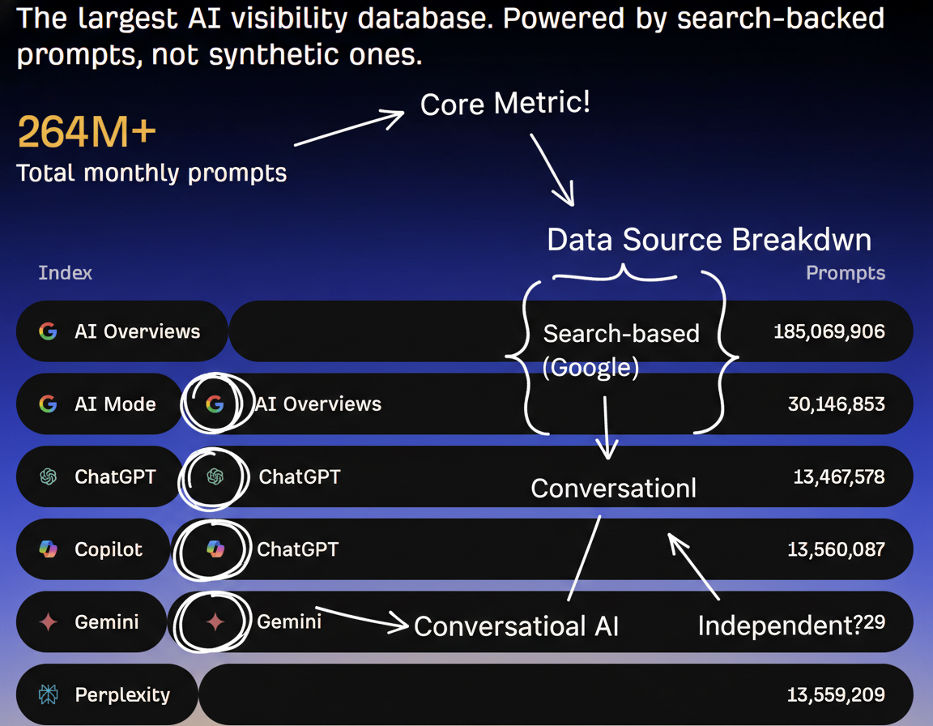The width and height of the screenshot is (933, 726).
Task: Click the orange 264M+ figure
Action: tap(87, 131)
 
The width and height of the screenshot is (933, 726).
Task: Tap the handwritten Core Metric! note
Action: tap(505, 103)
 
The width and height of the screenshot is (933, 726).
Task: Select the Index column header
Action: tap(66, 272)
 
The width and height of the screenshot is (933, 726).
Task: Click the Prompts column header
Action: tap(846, 272)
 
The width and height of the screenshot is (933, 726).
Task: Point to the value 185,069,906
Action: tap(829, 331)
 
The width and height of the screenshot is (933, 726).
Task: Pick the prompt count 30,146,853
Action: tap(836, 404)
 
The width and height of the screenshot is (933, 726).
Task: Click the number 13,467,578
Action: tap(839, 476)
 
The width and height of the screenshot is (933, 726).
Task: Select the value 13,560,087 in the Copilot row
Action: tap(836, 549)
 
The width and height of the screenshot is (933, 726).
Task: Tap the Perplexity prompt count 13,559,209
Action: tap(836, 694)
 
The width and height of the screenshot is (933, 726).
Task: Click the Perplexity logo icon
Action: tap(49, 694)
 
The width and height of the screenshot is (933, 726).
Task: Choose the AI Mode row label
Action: tap(116, 404)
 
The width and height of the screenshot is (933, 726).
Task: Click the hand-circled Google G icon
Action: tap(215, 404)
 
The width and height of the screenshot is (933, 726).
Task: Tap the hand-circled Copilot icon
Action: tap(215, 549)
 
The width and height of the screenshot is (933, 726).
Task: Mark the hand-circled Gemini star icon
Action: tap(215, 621)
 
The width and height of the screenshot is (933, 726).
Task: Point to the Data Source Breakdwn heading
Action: tap(709, 240)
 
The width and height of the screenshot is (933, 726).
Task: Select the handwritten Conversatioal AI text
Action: tap(517, 626)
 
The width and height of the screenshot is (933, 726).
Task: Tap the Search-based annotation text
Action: tap(621, 334)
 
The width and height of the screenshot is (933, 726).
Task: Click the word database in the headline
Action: tap(425, 19)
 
